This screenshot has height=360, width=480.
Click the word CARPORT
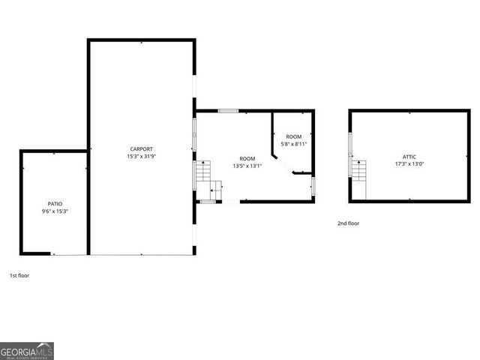141,149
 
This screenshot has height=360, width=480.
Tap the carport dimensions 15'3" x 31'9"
141,157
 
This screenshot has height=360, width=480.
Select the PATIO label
55,204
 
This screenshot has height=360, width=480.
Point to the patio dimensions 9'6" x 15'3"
55,211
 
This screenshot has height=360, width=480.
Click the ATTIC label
409,155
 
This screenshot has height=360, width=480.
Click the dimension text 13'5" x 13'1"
247,166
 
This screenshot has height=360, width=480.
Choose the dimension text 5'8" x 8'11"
294,143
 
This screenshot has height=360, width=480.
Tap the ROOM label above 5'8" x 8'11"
294,136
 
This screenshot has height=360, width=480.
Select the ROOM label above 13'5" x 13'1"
247,158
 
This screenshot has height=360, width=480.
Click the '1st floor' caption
19,275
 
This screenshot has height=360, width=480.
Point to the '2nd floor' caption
347,223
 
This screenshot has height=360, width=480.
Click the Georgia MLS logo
27,351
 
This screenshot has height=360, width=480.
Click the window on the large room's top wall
228,111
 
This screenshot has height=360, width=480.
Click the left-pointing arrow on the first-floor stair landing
214,191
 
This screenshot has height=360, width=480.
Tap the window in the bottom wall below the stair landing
208,201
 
